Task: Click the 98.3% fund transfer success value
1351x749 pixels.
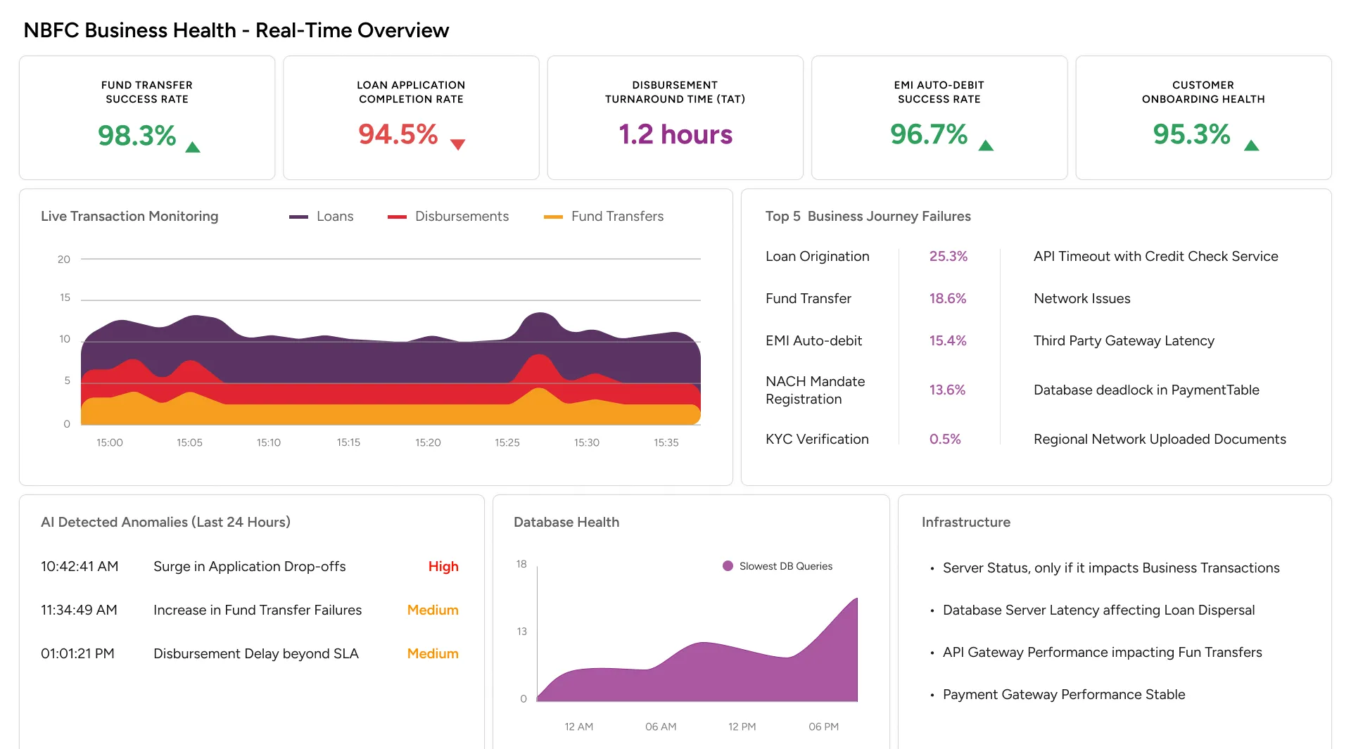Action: coord(137,135)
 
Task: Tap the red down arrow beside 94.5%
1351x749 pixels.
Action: coord(457,145)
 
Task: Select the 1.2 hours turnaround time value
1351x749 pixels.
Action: coord(675,134)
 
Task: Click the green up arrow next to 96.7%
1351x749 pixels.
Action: coord(986,146)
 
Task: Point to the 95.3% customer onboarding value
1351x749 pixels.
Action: coord(1191,134)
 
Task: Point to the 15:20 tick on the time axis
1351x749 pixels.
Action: coord(428,442)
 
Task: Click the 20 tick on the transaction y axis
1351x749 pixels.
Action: coord(64,260)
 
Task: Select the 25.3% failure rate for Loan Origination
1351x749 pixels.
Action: coord(949,257)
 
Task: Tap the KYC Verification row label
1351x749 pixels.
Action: coord(817,439)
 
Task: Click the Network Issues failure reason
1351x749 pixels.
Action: coord(1082,298)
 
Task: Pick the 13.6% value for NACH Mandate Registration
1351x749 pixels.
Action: coord(947,390)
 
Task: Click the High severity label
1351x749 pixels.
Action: coord(443,566)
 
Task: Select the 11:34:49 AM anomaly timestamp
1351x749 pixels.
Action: coord(79,610)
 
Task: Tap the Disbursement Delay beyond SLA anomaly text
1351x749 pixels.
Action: coord(256,653)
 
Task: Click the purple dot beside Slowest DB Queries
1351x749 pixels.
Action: coord(728,566)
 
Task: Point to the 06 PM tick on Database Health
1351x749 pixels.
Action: coord(823,726)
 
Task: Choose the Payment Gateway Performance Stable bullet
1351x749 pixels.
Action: coord(1063,694)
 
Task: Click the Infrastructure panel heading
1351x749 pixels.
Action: coord(965,522)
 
